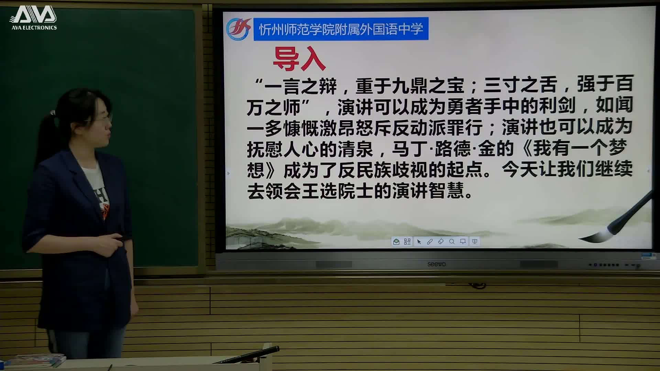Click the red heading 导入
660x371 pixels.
[x=299, y=59]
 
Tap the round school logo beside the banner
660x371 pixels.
[x=238, y=29]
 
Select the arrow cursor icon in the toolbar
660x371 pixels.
[x=419, y=242]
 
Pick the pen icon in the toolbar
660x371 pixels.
[x=430, y=242]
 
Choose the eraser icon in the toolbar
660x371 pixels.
[x=441, y=242]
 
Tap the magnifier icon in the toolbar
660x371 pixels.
[x=452, y=242]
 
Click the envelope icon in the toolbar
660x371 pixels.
[x=396, y=242]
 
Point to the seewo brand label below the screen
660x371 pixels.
[x=436, y=264]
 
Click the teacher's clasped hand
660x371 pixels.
[x=115, y=240]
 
